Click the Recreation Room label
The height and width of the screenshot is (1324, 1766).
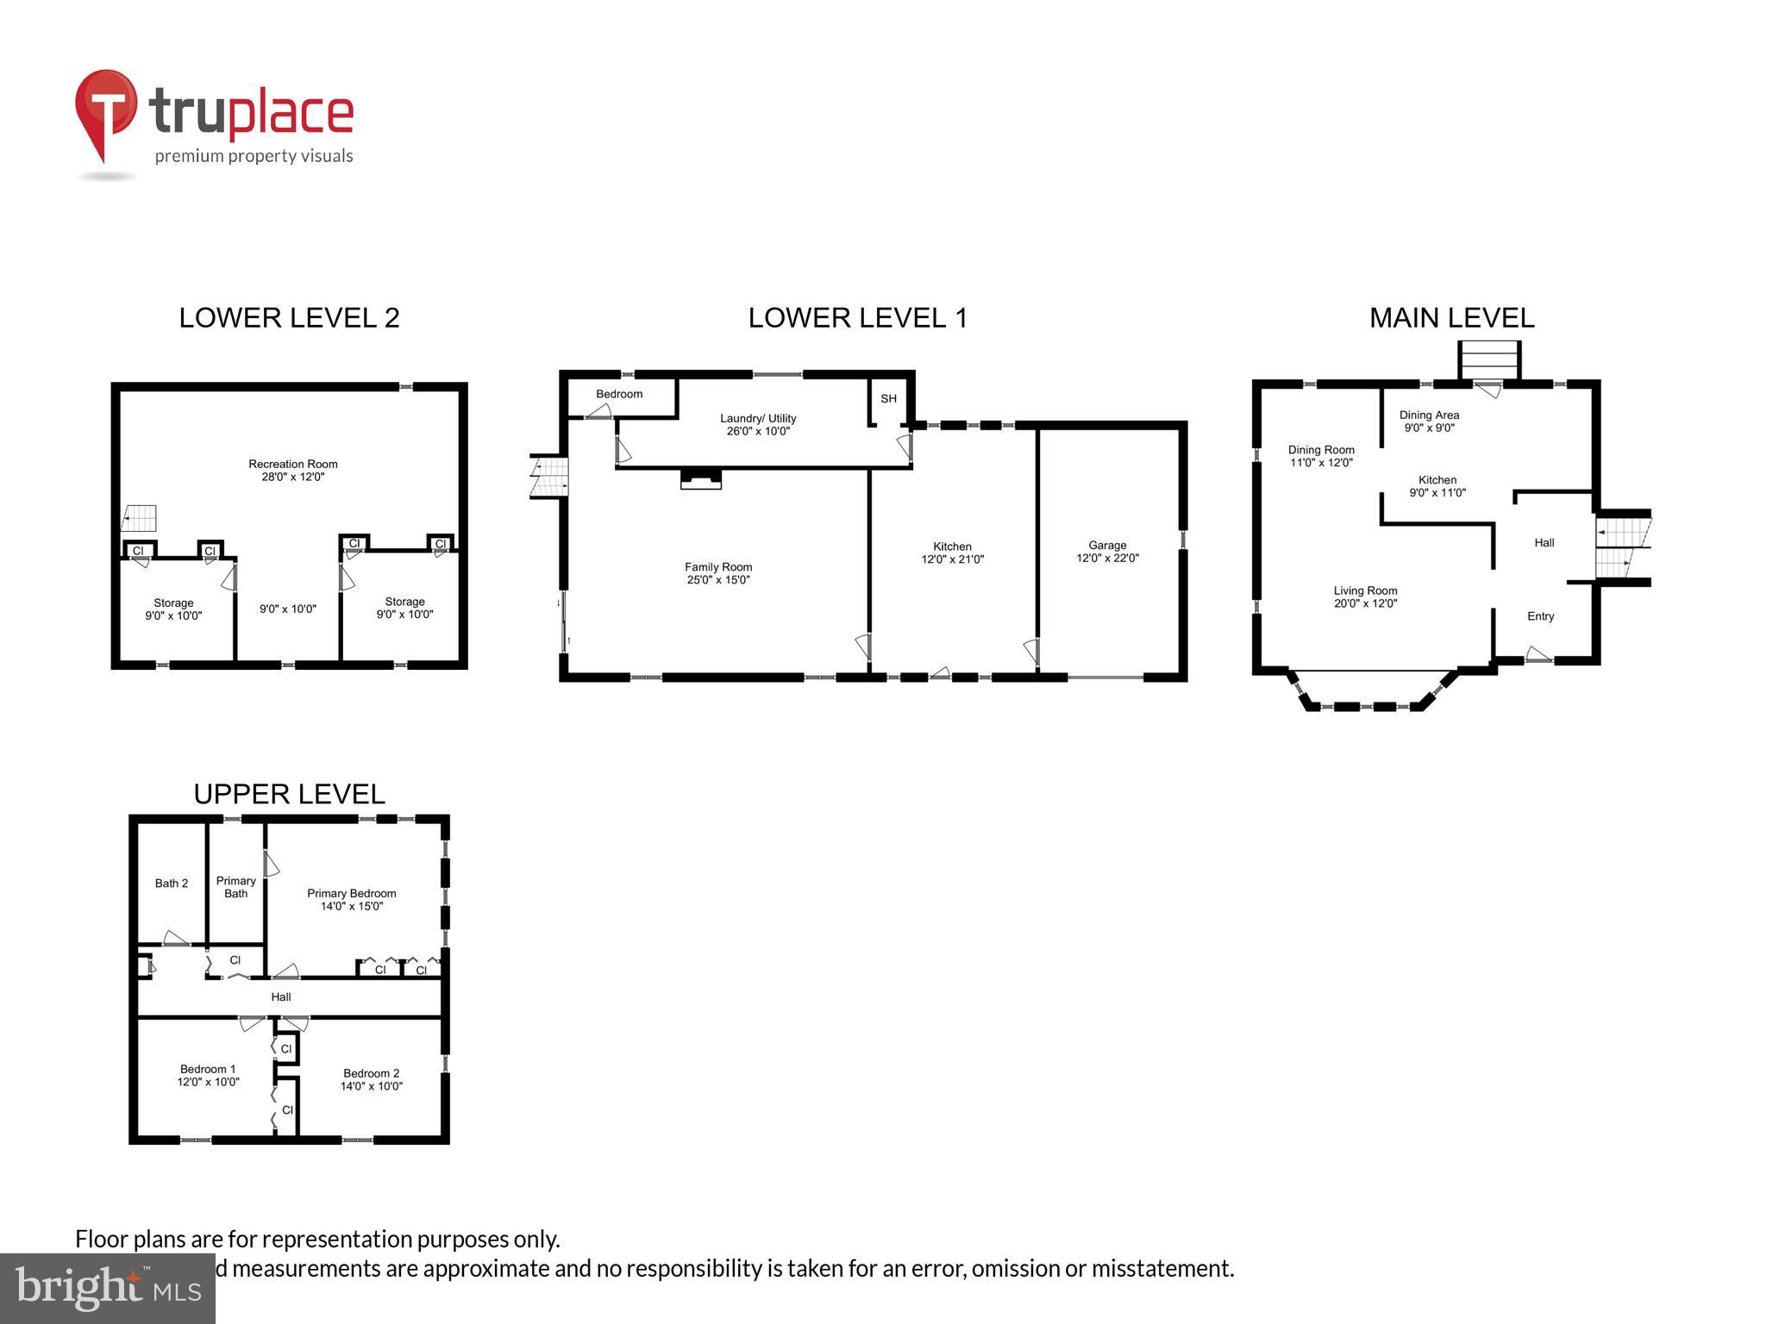pyautogui.click(x=293, y=464)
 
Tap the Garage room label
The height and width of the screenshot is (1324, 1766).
pyautogui.click(x=1107, y=545)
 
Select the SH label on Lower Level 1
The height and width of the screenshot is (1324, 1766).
pyautogui.click(x=888, y=398)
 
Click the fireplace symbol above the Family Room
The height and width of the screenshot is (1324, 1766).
pyautogui.click(x=701, y=479)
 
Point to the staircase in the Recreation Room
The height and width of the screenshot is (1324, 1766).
pyautogui.click(x=140, y=518)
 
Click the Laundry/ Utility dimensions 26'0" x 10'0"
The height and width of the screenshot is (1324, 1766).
pyautogui.click(x=758, y=431)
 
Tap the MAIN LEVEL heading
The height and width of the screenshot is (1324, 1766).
pyautogui.click(x=1451, y=318)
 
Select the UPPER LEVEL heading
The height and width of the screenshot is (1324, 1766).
pyautogui.click(x=289, y=794)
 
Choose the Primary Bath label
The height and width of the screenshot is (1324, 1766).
pyautogui.click(x=235, y=887)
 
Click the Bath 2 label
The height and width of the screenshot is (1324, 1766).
pyautogui.click(x=172, y=883)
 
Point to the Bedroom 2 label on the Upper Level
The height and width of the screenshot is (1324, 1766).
pyautogui.click(x=371, y=1073)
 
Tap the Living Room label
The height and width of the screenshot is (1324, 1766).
pyautogui.click(x=1365, y=590)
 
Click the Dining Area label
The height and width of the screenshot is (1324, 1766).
pyautogui.click(x=1429, y=415)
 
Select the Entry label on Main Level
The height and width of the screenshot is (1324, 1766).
pyautogui.click(x=1540, y=616)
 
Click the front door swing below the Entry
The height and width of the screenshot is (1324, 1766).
pyautogui.click(x=1538, y=655)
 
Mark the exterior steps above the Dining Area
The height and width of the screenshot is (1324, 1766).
pyautogui.click(x=1488, y=359)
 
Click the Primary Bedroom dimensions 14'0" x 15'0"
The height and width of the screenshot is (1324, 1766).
pyautogui.click(x=352, y=906)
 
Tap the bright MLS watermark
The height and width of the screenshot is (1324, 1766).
pyautogui.click(x=108, y=1289)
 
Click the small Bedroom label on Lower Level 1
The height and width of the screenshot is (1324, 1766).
pyautogui.click(x=619, y=394)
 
